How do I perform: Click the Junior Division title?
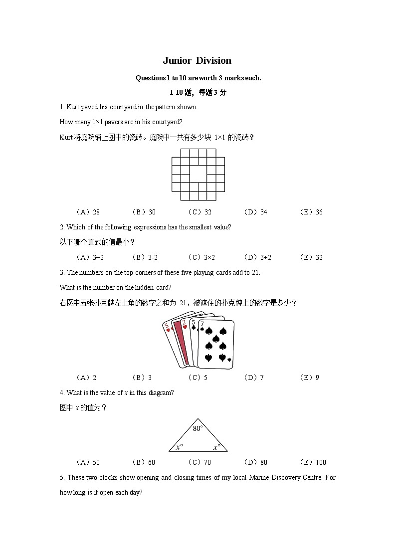coord(197,61)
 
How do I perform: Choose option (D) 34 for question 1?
coord(255,212)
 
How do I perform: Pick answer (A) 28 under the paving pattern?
coord(88,212)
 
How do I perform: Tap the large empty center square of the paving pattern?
coord(198,174)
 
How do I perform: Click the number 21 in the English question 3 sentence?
coord(255,272)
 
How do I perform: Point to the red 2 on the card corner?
coord(184,323)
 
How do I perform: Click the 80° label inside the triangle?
coord(198,428)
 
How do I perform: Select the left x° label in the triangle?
coord(179,447)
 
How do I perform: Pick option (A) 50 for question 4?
coord(88,462)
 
